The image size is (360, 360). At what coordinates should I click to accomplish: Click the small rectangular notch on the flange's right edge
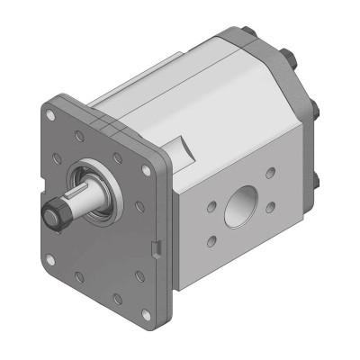coord(158,247)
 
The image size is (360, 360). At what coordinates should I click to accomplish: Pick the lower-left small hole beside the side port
coord(210,240)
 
